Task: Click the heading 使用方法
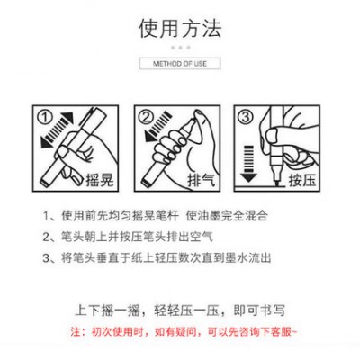pyautogui.click(x=180, y=29)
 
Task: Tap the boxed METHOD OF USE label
pyautogui.click(x=180, y=64)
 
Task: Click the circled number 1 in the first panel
pyautogui.click(x=45, y=117)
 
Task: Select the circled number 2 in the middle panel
pyautogui.click(x=147, y=117)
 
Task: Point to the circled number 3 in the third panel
pyautogui.click(x=246, y=117)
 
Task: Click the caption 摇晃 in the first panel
pyautogui.click(x=100, y=180)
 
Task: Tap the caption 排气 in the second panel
pyautogui.click(x=202, y=180)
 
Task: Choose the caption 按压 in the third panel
pyautogui.click(x=302, y=180)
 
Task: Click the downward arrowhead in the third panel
pyautogui.click(x=248, y=177)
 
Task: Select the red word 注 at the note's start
pyautogui.click(x=76, y=332)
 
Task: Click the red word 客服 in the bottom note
pyautogui.click(x=282, y=332)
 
